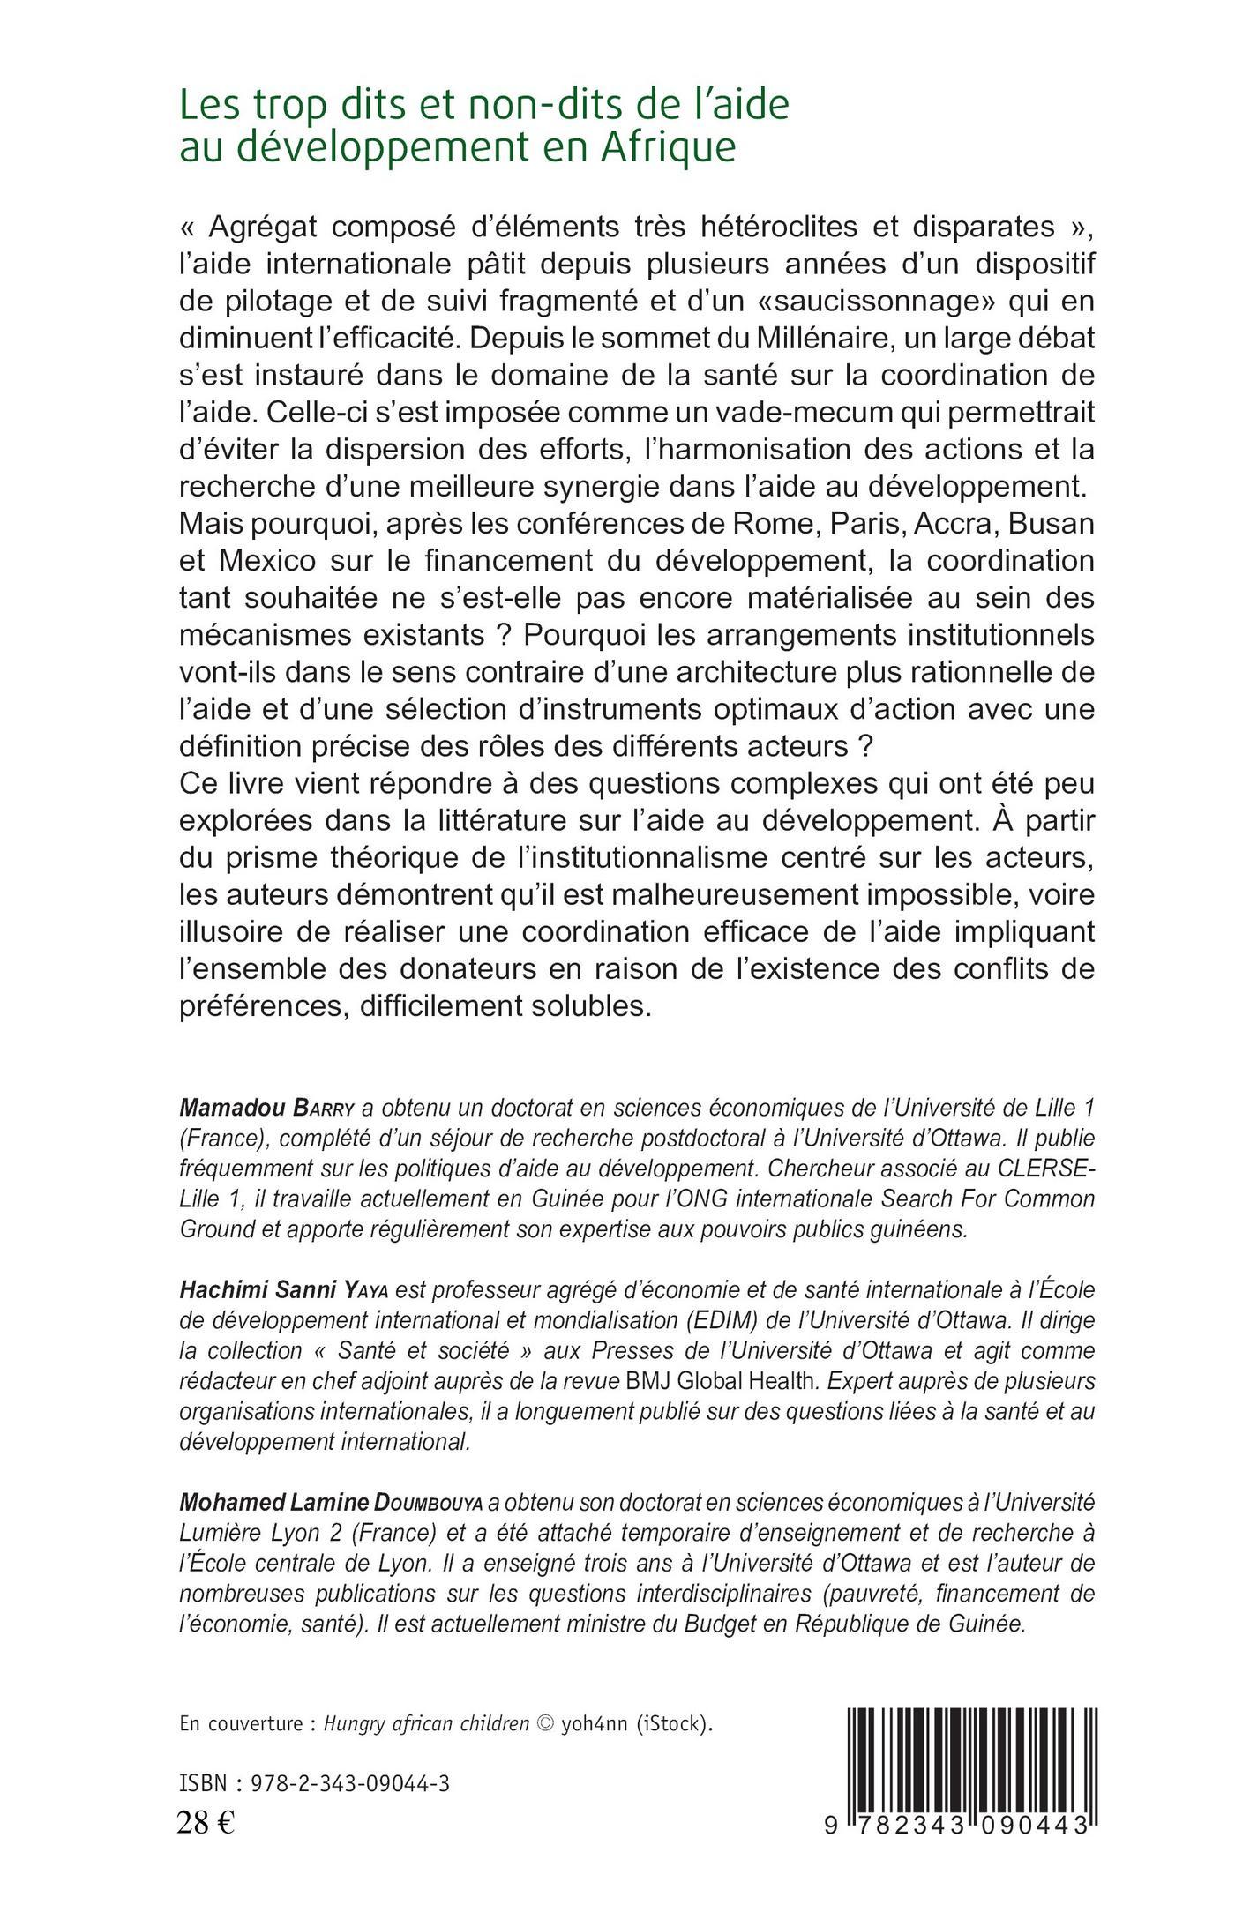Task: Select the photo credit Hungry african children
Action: click(427, 1699)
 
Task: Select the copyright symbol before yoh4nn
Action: click(547, 1699)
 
